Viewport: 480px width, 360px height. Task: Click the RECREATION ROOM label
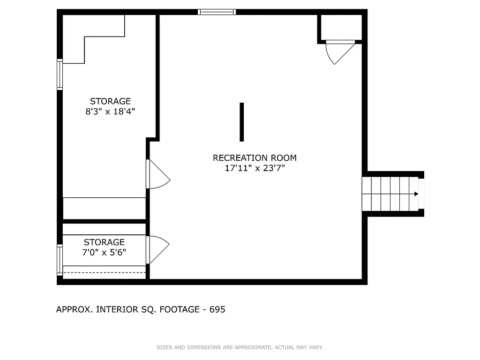click(x=255, y=158)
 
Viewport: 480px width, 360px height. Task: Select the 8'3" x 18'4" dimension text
click(x=110, y=112)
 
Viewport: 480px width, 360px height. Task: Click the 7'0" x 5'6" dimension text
click(x=104, y=253)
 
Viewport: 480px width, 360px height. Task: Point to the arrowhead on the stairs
click(x=416, y=194)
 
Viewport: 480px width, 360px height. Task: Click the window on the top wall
click(x=217, y=12)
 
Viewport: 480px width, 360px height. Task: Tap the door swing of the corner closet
click(x=340, y=52)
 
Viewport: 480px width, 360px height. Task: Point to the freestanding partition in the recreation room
click(x=242, y=122)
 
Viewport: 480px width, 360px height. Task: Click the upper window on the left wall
click(x=60, y=74)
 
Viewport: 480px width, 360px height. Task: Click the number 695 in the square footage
click(x=217, y=309)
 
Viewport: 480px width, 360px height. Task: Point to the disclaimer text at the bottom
click(x=240, y=347)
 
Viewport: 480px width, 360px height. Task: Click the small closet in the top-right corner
click(x=341, y=27)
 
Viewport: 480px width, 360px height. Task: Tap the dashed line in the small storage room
click(x=104, y=271)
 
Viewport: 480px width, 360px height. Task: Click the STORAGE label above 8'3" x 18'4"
click(x=110, y=101)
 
